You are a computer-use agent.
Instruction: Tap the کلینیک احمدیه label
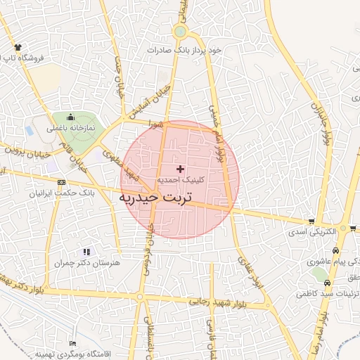click(x=181, y=180)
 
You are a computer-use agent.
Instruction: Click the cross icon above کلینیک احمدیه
click(x=181, y=169)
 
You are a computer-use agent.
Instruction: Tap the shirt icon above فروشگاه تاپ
click(x=17, y=46)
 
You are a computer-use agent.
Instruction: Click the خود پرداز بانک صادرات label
click(x=184, y=51)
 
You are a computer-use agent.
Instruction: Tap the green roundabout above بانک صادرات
click(x=181, y=32)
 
